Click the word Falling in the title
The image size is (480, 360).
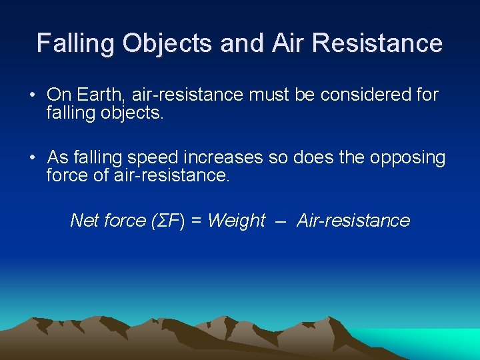tap(75, 43)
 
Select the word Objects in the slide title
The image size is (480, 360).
tap(167, 43)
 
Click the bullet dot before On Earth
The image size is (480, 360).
tap(32, 95)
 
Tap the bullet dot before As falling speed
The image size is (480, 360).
tap(32, 158)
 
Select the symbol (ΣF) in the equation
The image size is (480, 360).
tap(161, 221)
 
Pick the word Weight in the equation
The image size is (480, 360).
tap(237, 221)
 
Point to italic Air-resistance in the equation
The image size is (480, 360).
tap(353, 221)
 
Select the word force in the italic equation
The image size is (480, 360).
tap(121, 221)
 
